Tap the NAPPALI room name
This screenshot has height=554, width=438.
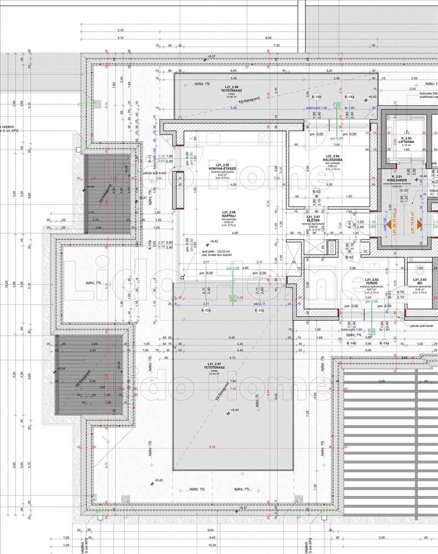point(229,216)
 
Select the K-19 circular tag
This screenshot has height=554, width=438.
point(404,191)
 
